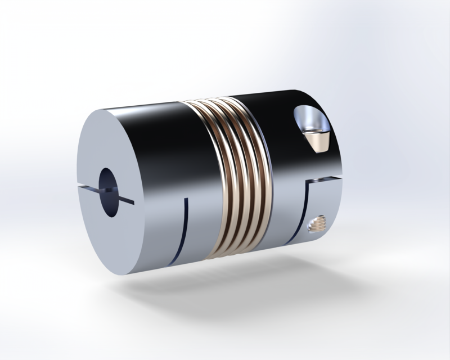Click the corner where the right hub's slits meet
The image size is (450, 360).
pos(309,183)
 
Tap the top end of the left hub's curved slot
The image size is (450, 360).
pos(186,198)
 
